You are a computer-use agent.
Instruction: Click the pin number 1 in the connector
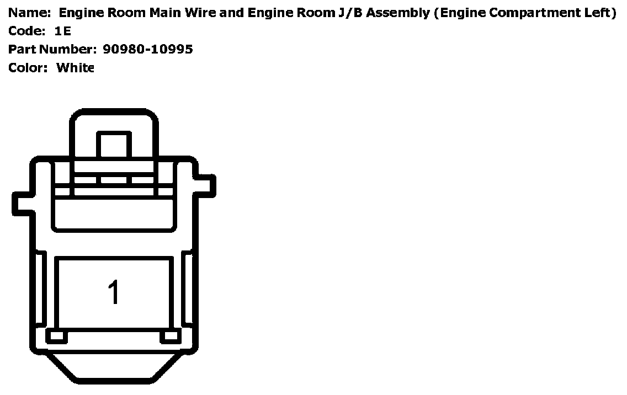[x=113, y=292]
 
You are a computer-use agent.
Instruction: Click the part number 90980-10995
[x=148, y=50]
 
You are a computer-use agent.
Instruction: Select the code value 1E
[x=63, y=31]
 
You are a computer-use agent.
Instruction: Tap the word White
[x=76, y=68]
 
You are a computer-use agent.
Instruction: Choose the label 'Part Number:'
[x=52, y=50]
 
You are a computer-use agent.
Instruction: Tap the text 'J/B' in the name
[x=352, y=13]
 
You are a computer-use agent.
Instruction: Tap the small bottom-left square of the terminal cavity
[x=56, y=335]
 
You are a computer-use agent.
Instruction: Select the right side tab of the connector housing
[x=206, y=185]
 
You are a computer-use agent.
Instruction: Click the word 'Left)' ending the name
[x=599, y=13]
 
